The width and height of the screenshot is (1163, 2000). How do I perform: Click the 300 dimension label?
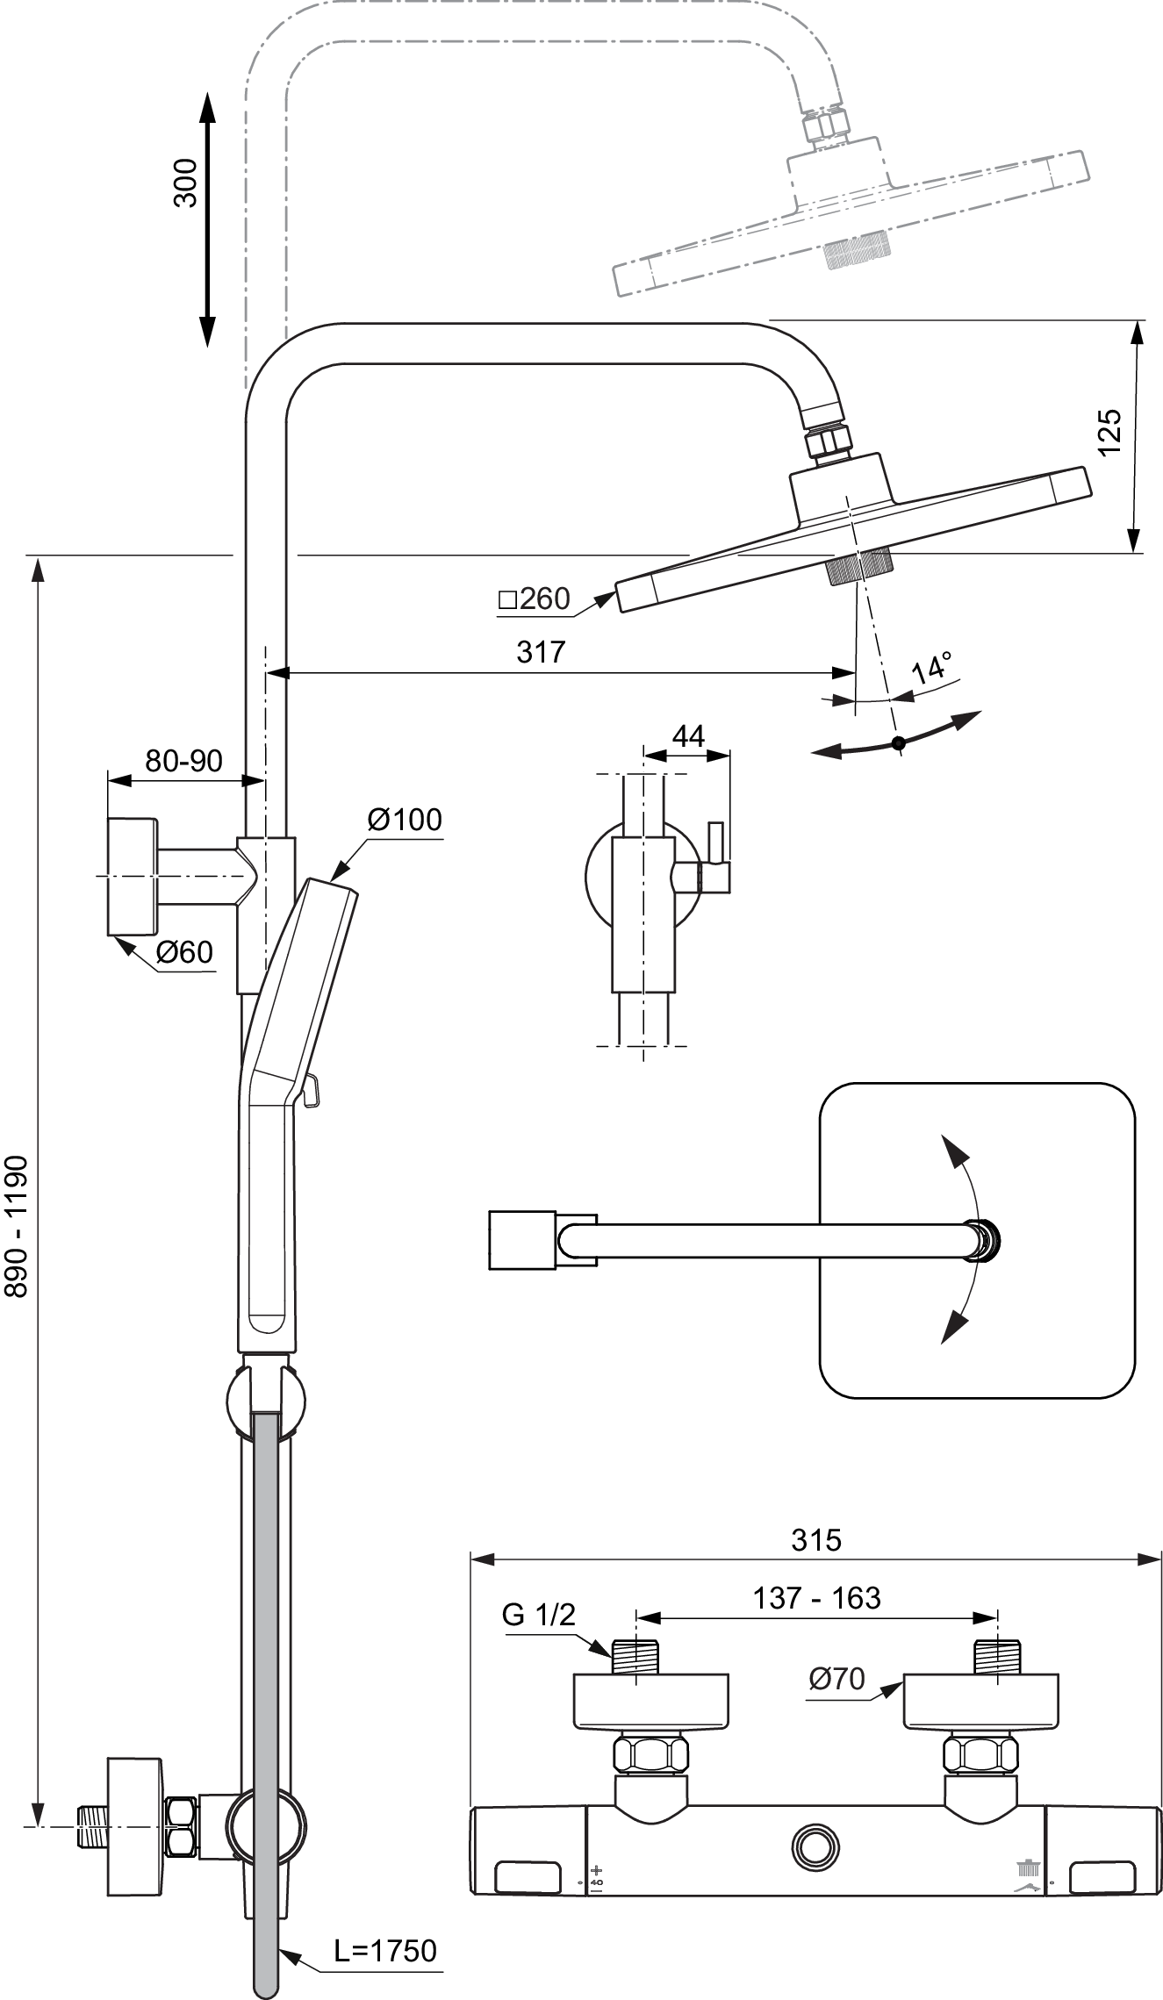tap(186, 183)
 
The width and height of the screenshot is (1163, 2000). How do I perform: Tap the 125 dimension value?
tap(1109, 431)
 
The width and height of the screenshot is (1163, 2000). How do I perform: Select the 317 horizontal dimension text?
tap(541, 651)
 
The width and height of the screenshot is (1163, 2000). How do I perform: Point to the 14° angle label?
tap(932, 669)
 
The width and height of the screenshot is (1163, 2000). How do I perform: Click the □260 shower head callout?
tap(534, 599)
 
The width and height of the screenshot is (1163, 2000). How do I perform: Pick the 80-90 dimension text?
tap(183, 761)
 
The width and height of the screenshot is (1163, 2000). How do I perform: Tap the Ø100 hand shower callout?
tap(405, 820)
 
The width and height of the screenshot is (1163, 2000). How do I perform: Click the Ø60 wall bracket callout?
tap(185, 951)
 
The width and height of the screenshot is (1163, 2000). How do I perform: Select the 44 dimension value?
tap(687, 735)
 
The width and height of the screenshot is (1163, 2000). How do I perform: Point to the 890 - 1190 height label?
tap(17, 1225)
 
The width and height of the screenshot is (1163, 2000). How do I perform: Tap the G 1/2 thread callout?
tap(539, 1613)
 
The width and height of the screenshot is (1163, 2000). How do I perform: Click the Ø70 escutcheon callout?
tap(837, 1679)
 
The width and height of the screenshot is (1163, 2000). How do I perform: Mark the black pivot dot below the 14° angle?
tap(897, 743)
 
